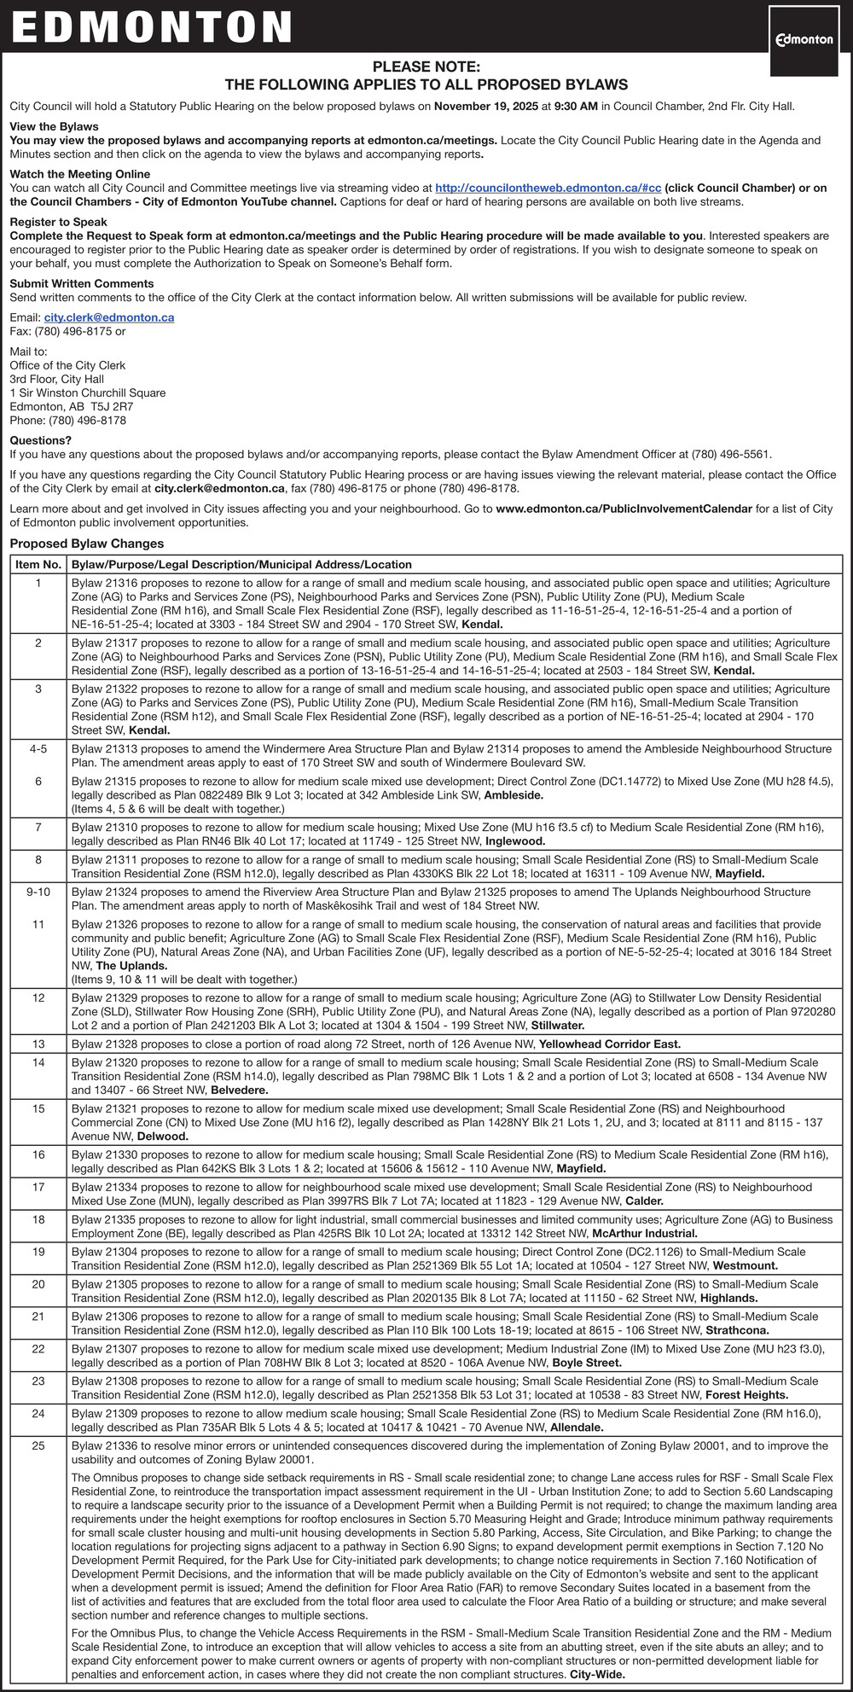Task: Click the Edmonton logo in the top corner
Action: click(x=804, y=39)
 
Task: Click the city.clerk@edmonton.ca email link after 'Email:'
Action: click(x=109, y=317)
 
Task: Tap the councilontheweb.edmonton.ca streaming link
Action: click(x=548, y=188)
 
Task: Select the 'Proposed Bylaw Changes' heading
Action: click(x=87, y=544)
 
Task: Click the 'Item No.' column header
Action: click(x=38, y=565)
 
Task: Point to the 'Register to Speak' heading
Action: click(x=58, y=222)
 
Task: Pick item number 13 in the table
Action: click(x=38, y=1044)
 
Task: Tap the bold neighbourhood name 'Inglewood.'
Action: click(x=515, y=841)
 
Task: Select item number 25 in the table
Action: click(x=38, y=1446)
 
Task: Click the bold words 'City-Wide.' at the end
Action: click(x=597, y=1675)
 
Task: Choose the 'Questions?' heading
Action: click(x=41, y=440)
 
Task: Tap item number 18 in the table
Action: click(x=38, y=1220)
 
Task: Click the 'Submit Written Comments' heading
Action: click(x=82, y=283)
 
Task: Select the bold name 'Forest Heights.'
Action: click(x=747, y=1396)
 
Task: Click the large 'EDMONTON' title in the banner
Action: click(x=152, y=27)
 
